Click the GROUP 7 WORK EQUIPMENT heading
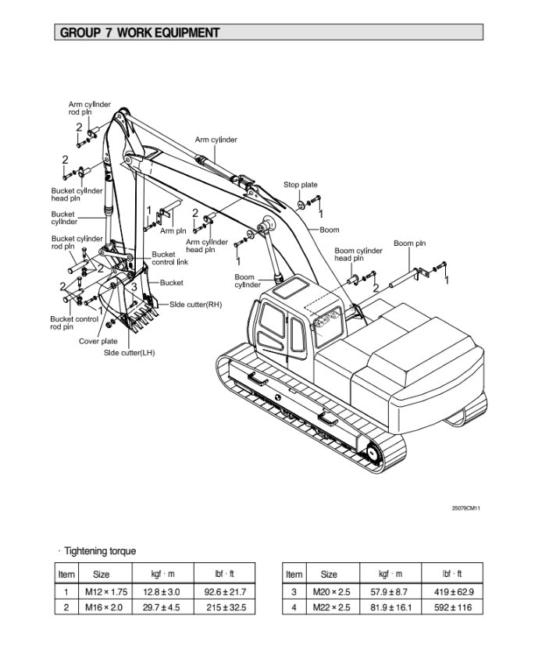[x=139, y=33]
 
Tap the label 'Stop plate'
[x=301, y=185]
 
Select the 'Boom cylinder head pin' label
[x=358, y=255]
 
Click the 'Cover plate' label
[x=98, y=341]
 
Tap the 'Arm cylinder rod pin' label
[x=89, y=108]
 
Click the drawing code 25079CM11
[x=466, y=508]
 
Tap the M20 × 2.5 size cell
[x=331, y=593]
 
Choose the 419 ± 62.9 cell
[x=454, y=593]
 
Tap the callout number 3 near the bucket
[x=134, y=287]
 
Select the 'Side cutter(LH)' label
[x=130, y=353]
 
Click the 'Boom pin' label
[x=409, y=244]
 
